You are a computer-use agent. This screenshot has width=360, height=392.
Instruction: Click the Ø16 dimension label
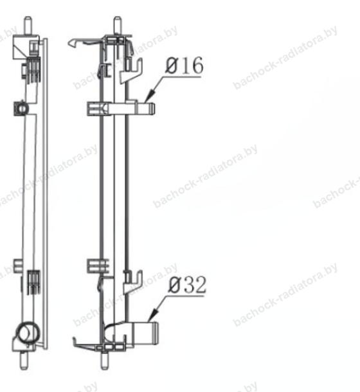pos(184,66)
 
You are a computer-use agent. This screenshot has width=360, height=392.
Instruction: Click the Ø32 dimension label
pos(187,285)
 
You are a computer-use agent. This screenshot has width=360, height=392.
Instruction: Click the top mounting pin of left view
pos(28,26)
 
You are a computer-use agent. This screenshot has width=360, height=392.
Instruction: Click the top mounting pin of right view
pos(118,26)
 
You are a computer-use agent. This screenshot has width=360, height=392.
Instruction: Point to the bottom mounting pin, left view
pos(24,360)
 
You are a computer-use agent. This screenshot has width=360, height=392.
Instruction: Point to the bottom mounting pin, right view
pos(105,360)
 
